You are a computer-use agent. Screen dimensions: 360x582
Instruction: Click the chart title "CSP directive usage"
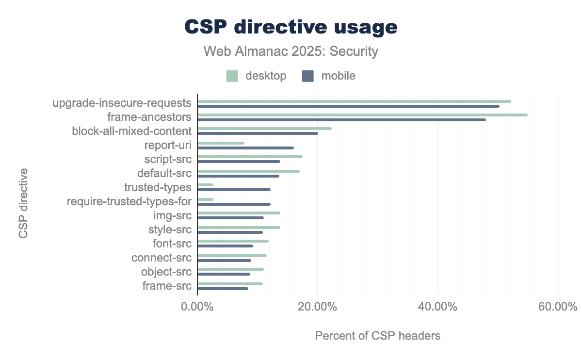[291, 27]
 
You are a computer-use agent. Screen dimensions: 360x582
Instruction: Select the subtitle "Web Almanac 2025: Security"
[291, 51]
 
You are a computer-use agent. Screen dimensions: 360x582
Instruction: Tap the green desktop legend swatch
[232, 76]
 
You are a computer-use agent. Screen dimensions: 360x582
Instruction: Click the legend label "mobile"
[339, 76]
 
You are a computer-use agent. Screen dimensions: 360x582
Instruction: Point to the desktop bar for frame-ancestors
[362, 115]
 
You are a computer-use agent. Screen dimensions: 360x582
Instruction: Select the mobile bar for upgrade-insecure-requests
[348, 106]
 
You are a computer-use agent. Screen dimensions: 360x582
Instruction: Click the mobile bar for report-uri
[245, 148]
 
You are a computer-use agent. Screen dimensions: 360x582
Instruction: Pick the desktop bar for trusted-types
[206, 185]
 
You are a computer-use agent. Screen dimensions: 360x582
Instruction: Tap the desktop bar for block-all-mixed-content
[264, 129]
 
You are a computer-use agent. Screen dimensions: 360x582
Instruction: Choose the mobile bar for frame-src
[223, 289]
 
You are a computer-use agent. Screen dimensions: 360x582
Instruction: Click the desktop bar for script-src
[250, 157]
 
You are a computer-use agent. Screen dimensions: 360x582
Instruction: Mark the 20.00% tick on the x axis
[318, 307]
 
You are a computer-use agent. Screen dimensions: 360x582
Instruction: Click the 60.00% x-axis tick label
[558, 307]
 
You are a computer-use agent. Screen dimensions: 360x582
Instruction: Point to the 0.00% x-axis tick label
[197, 307]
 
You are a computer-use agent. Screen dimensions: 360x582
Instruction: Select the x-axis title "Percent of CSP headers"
[378, 336]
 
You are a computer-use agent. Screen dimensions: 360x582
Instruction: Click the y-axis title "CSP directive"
[23, 203]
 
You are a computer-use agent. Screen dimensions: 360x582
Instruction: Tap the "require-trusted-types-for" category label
[129, 201]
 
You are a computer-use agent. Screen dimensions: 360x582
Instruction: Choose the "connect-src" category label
[162, 258]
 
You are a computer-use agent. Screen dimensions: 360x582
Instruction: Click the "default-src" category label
[164, 173]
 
